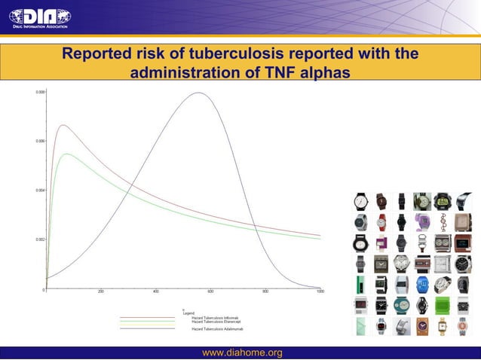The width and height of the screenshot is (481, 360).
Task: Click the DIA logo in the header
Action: (39, 17)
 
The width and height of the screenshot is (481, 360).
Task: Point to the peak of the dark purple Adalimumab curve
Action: (199, 93)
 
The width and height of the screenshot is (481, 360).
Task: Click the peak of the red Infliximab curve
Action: (63, 125)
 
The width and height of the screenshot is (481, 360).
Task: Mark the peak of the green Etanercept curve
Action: (67, 154)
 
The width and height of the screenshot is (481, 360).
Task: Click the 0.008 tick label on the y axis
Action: (39, 92)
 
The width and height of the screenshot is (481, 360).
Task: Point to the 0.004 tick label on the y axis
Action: (39, 190)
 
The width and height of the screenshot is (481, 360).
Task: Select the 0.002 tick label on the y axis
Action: (39, 239)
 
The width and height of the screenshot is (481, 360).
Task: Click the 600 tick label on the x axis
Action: (210, 291)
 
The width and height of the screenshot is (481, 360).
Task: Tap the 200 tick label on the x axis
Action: (101, 291)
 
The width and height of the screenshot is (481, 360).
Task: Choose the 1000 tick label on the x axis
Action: (320, 291)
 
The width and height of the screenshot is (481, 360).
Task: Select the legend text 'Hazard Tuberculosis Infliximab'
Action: (215, 318)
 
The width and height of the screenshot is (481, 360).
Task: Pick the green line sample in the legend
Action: (147, 322)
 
